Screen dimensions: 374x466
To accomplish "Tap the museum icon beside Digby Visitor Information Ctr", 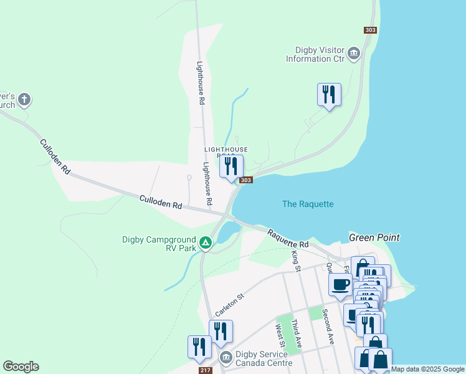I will pos(354,54).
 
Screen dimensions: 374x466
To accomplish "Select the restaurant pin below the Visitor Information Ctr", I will pos(328,95).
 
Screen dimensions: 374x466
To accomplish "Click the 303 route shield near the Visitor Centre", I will pos(370,30).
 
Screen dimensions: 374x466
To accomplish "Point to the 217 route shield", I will pos(206,370).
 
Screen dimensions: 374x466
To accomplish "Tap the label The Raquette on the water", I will pos(308,204).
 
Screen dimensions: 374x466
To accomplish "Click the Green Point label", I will pos(374,237).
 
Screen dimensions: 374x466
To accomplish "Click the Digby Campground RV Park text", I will pos(160,243).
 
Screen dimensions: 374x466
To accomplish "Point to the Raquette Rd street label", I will pos(288,238).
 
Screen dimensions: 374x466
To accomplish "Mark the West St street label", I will pos(281,336).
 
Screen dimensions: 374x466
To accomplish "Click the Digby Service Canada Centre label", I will pos(263,358).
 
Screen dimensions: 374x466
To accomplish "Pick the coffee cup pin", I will pos(341,285).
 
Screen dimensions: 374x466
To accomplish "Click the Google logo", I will pos(21,367).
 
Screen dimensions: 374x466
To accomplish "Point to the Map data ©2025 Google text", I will pos(427,369).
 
